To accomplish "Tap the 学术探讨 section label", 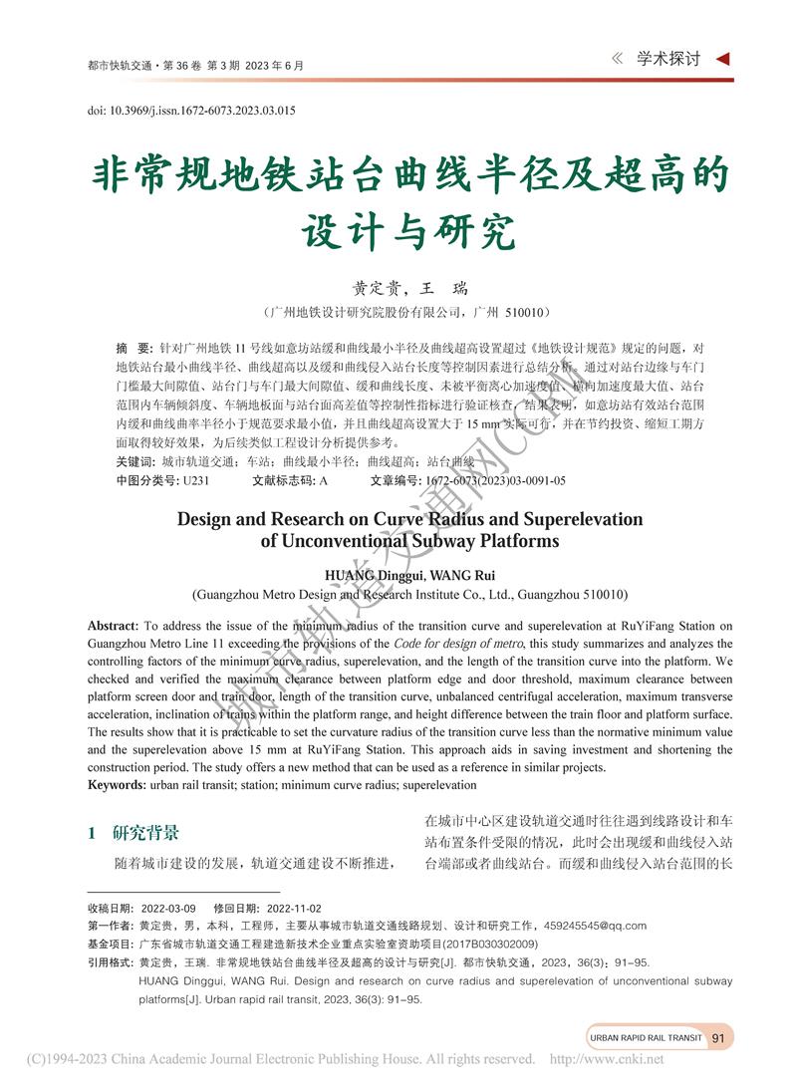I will pyautogui.click(x=668, y=59).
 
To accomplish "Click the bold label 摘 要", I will pyautogui.click(x=133, y=349).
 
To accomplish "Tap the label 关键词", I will pyautogui.click(x=134, y=462).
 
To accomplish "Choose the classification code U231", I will pyautogui.click(x=195, y=480).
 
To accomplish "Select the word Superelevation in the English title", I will pyautogui.click(x=577, y=519).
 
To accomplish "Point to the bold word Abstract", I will pyautogui.click(x=113, y=626).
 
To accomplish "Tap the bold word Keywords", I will pyautogui.click(x=117, y=785).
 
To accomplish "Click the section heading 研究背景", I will pyautogui.click(x=146, y=833).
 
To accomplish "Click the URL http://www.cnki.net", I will pyautogui.click(x=607, y=1059).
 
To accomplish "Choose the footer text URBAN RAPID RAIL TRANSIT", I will pyautogui.click(x=646, y=1037).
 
